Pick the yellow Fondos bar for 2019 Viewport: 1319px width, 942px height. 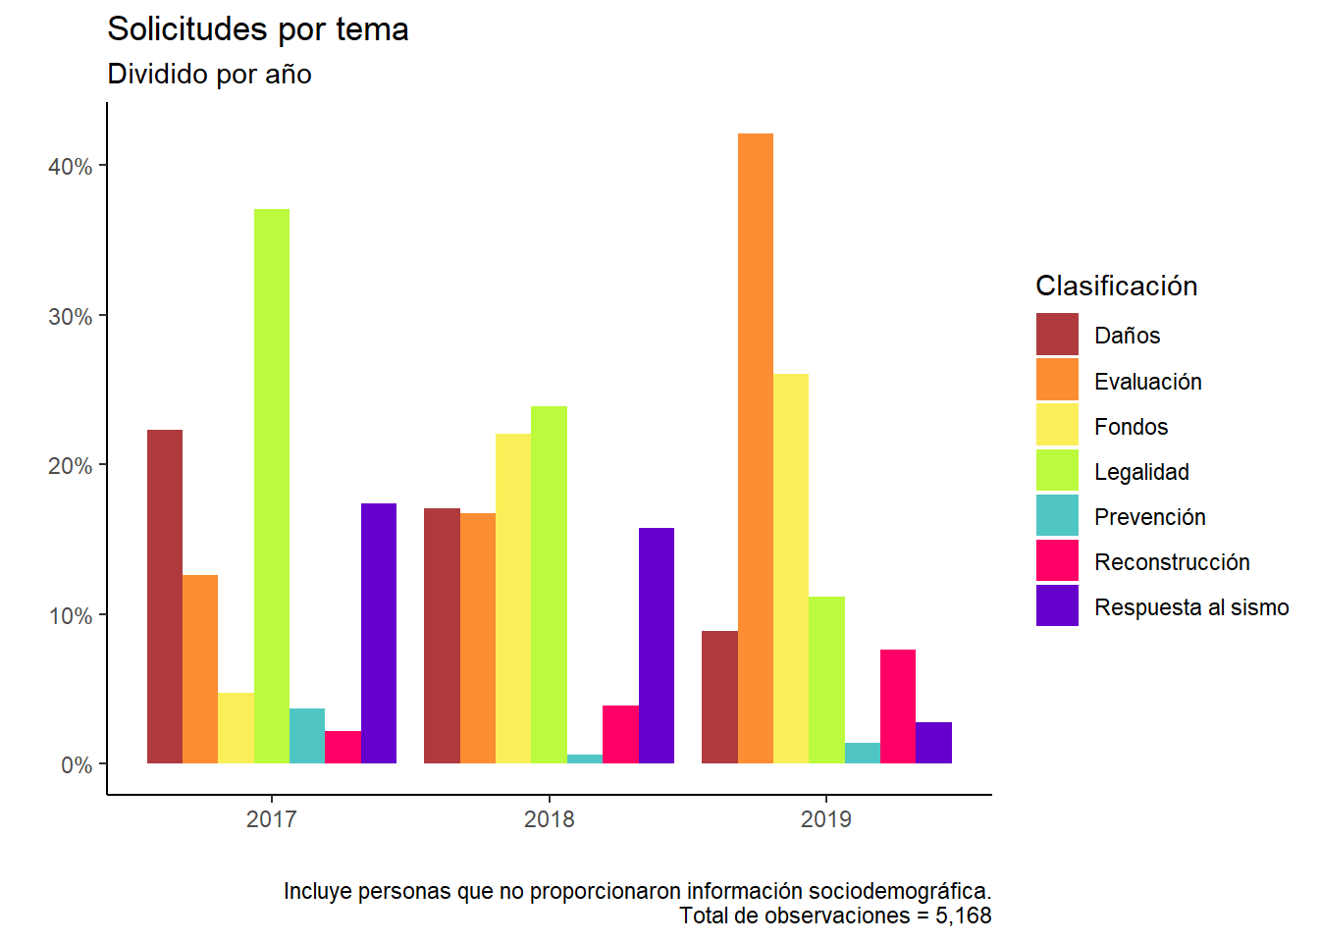791,568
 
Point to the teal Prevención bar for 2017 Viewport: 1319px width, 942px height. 307,736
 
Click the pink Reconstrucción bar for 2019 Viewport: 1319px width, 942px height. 898,706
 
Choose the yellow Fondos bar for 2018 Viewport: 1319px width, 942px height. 513,599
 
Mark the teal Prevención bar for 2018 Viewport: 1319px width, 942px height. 585,759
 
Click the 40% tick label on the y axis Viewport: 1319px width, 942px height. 70,167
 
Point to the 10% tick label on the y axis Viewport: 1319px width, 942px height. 70,616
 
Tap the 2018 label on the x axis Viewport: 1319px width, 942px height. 550,819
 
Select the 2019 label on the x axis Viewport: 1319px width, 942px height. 826,819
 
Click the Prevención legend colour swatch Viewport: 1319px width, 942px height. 1057,516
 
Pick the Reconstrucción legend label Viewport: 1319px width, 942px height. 1172,562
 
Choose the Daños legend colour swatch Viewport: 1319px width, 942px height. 1057,335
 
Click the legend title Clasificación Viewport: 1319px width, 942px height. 1117,286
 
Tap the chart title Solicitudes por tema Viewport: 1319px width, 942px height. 258,29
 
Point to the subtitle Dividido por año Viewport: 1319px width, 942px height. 209,75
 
